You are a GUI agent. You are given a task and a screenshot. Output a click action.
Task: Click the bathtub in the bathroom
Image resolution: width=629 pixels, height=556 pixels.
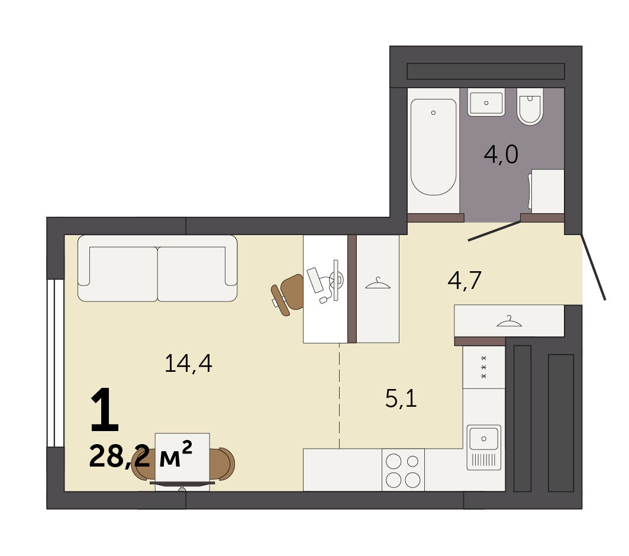click(433, 147)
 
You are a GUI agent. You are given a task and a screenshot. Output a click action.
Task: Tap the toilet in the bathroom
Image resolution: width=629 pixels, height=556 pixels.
click(530, 107)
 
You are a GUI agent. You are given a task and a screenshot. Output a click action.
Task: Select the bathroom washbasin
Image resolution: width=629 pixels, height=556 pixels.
click(486, 102)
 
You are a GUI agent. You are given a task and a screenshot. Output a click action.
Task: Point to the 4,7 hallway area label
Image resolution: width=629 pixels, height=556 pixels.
click(465, 280)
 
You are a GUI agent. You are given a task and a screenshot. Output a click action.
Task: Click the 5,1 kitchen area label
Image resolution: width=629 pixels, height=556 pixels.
click(401, 398)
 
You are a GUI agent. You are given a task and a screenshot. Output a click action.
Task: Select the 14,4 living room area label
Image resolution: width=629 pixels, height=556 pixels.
click(188, 364)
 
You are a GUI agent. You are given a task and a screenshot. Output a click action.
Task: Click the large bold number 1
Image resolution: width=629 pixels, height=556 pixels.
click(105, 410)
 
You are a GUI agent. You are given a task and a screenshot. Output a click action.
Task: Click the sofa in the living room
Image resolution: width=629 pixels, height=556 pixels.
click(157, 268)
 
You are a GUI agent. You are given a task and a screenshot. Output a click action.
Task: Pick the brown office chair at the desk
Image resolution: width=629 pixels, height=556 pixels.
click(287, 295)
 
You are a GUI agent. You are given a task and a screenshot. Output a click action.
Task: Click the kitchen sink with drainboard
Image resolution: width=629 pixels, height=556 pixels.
click(484, 447)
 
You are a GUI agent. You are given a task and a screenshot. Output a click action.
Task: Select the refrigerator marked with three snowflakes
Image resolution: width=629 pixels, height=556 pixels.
click(484, 367)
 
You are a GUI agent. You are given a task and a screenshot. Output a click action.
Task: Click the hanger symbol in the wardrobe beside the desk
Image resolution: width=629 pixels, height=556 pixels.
click(378, 284)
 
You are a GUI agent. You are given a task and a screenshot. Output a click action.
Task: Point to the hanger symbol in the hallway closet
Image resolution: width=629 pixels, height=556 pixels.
click(509, 321)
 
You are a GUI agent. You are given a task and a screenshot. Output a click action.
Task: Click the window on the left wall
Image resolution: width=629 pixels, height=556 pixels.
click(56, 364)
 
